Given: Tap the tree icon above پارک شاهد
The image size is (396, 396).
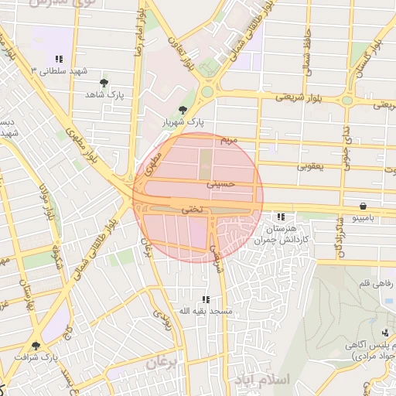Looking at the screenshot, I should pos(104,81).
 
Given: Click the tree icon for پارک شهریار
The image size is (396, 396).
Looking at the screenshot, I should pos(183,110).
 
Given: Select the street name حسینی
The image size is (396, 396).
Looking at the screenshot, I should pos(220,185).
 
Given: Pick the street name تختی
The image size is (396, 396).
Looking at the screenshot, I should pos(190,209).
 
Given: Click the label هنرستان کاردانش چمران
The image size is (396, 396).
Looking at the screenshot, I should pos(282,234).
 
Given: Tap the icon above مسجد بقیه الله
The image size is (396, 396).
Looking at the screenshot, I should pos(205,299).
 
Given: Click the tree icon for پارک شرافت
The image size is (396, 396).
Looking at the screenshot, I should pos(35,346).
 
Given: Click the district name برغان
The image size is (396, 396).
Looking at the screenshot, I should pos(162,361).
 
